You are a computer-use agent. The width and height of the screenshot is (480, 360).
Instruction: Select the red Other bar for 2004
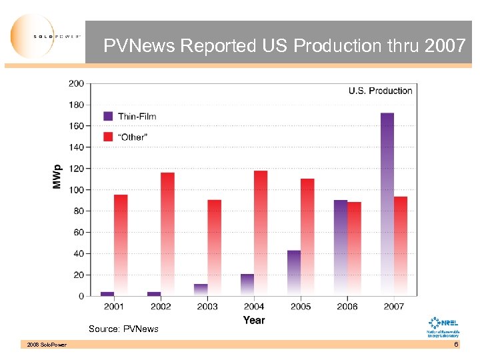tap(261, 233)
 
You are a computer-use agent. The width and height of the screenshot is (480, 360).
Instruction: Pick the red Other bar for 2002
tap(167, 233)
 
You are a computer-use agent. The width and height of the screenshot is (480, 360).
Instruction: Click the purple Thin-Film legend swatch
tap(108, 116)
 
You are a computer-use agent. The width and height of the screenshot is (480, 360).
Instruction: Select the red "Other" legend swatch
tap(108, 136)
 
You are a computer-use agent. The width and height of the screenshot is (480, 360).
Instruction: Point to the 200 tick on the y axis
tap(76, 83)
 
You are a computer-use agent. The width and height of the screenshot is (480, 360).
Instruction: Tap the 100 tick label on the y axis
tap(76, 189)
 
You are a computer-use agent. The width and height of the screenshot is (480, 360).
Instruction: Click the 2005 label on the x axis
tap(301, 307)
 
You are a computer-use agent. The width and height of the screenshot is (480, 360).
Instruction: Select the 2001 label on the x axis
tap(114, 307)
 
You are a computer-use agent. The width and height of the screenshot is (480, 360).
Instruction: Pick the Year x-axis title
tap(254, 320)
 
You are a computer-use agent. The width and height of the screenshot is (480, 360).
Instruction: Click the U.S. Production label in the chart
tap(380, 91)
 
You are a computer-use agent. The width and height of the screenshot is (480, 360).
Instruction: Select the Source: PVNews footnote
tap(124, 329)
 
